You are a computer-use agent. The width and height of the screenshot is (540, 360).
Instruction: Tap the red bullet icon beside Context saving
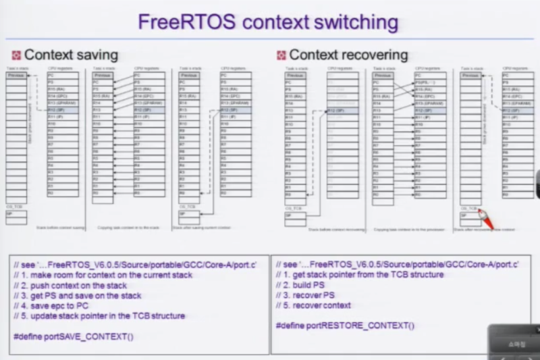(x=17, y=55)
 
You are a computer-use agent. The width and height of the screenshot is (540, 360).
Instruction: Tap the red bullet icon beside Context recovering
(x=281, y=55)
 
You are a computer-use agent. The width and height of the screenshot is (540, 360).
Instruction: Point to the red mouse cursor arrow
(x=487, y=220)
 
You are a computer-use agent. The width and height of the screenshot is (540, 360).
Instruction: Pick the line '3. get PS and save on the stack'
(x=77, y=296)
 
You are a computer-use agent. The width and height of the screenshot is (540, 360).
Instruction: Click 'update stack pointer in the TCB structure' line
(x=99, y=316)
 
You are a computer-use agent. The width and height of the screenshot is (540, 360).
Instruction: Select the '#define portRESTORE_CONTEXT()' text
(x=345, y=326)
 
